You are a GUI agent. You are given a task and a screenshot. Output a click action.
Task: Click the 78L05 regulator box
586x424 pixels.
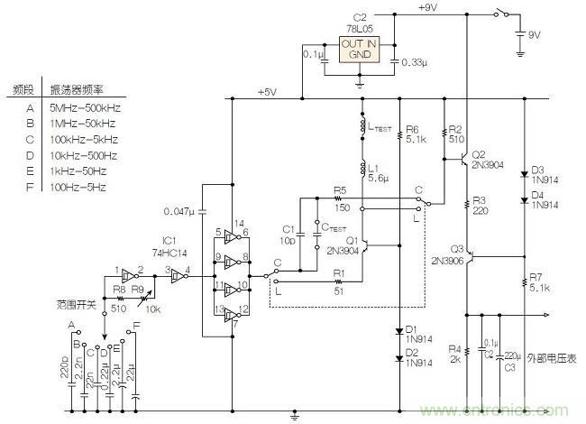pyautogui.click(x=362, y=49)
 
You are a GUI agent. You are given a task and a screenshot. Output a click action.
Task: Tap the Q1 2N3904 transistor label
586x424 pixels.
pyautogui.click(x=342, y=246)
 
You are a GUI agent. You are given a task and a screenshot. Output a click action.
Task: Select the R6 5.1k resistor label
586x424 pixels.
pyautogui.click(x=416, y=134)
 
